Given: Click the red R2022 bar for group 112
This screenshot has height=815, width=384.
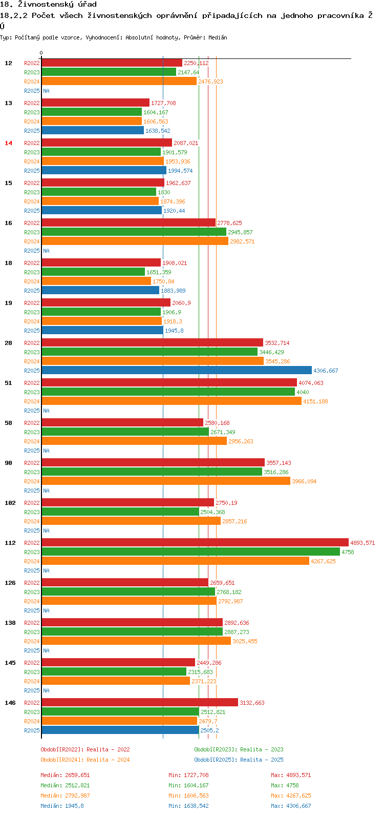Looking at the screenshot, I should point(195,542).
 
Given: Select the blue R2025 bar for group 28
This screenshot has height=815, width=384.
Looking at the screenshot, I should point(176,370).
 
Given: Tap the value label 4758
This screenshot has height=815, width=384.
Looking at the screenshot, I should point(348,552).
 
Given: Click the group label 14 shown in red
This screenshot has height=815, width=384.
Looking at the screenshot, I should point(8,143).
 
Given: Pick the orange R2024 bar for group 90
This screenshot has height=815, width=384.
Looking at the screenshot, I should point(165,481).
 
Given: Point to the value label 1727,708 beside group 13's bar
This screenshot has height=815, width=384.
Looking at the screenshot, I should point(163,103).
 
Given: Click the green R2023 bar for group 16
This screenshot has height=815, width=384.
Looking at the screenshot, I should point(134,232).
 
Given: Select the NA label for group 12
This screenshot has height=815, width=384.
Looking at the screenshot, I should point(46,91).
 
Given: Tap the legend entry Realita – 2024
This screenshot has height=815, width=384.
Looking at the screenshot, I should point(85,760).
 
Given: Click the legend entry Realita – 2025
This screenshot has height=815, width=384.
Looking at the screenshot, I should point(239,760).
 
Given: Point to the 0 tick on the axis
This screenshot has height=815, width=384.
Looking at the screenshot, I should point(41,53).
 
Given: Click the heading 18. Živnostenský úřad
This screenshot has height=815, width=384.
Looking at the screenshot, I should point(48,5).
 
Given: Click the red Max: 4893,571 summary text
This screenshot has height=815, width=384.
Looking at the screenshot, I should point(291,775).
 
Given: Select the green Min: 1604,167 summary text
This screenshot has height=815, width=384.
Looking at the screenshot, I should point(188,785).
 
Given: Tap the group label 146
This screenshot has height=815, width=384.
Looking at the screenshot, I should point(10,703).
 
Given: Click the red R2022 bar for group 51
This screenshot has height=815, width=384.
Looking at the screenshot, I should point(169,382).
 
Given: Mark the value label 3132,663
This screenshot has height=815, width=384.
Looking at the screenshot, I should point(252,703).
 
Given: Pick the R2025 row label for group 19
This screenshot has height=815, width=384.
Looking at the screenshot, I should point(32,331).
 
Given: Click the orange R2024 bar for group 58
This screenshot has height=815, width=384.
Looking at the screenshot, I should point(134,441).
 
